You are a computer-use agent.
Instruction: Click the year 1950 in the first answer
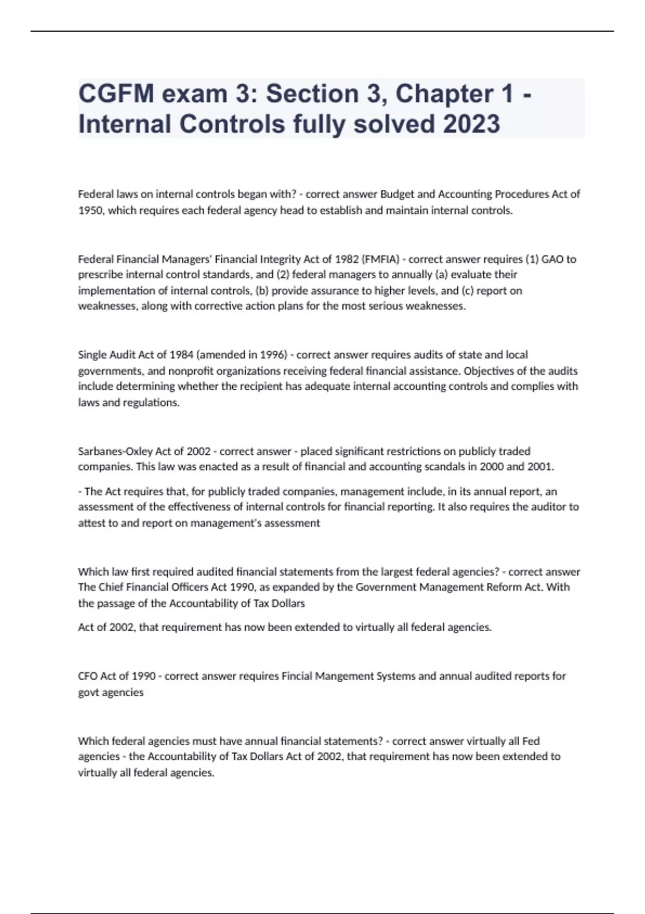(91, 211)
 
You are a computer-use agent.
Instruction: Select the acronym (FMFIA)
(381, 259)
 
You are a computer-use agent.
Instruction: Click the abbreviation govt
(88, 692)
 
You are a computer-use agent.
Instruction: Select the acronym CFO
(88, 676)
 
